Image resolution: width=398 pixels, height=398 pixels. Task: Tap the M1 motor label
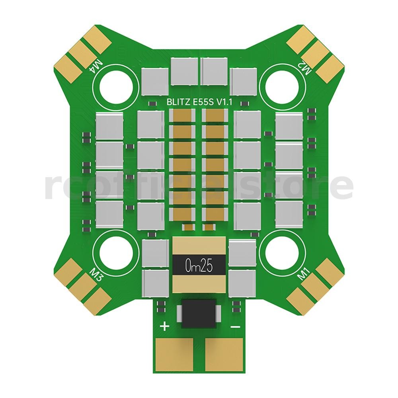pyautogui.click(x=304, y=274)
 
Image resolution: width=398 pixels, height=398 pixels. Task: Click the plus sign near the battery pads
pyautogui.click(x=164, y=327)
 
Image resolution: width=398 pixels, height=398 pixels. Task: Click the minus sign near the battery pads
pyautogui.click(x=235, y=327)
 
